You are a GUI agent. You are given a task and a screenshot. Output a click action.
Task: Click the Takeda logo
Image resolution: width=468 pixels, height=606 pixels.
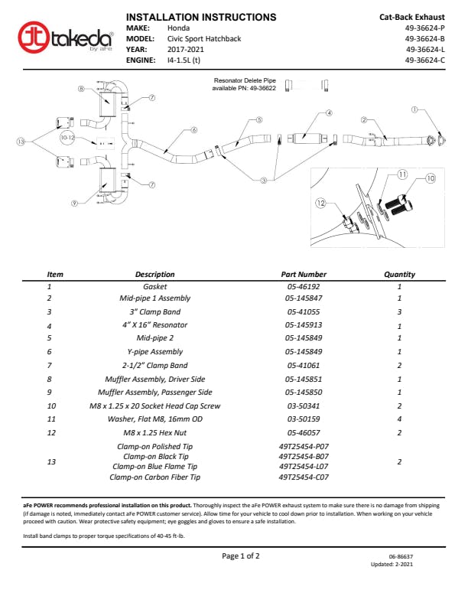[66, 36]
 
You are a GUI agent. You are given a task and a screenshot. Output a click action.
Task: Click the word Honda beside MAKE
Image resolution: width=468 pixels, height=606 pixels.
[179, 28]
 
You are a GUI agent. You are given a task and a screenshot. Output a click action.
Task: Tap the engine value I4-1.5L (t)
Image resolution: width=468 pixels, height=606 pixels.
[184, 59]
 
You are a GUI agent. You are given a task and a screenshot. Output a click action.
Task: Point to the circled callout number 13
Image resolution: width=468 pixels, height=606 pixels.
[21, 142]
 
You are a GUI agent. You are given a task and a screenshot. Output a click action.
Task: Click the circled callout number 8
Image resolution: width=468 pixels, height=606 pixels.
[82, 89]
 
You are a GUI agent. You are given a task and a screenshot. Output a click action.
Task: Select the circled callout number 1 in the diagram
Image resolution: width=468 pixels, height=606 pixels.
[414, 109]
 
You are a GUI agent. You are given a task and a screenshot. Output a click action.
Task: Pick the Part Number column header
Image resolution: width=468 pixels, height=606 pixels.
[304, 274]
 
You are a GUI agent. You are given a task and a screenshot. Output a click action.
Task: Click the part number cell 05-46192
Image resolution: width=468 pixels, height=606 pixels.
[304, 286]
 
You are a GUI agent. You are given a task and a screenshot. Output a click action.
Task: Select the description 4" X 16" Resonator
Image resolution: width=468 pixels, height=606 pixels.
[155, 325]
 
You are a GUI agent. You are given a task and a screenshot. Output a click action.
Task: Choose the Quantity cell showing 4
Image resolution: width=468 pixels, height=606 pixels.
[399, 419]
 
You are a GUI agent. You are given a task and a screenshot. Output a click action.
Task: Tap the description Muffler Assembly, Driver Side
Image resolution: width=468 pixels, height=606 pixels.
[155, 380]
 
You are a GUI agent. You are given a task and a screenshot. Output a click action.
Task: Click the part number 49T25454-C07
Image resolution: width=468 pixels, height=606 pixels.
[304, 477]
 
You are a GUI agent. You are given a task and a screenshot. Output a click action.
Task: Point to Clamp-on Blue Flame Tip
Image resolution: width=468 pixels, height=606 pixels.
[155, 466]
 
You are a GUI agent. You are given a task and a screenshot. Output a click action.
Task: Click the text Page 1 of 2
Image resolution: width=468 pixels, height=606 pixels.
[240, 556]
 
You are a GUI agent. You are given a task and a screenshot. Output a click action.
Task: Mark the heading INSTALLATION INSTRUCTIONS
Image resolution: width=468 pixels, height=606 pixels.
[200, 16]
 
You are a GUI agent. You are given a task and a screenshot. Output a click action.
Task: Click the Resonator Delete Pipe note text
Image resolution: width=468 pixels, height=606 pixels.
[244, 83]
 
